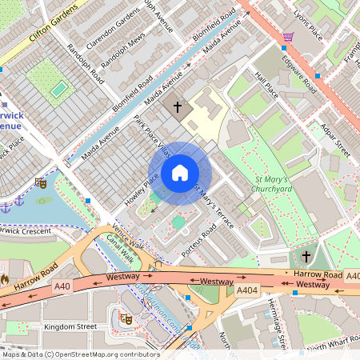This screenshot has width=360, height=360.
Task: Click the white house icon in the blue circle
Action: [x=180, y=173]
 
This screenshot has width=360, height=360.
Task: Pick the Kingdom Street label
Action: [x=70, y=326]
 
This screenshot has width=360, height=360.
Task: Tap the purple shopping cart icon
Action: [x=287, y=37]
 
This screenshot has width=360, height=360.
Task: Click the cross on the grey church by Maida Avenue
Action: [x=175, y=106]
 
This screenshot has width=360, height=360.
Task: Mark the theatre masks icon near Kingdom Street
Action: [x=125, y=318]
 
